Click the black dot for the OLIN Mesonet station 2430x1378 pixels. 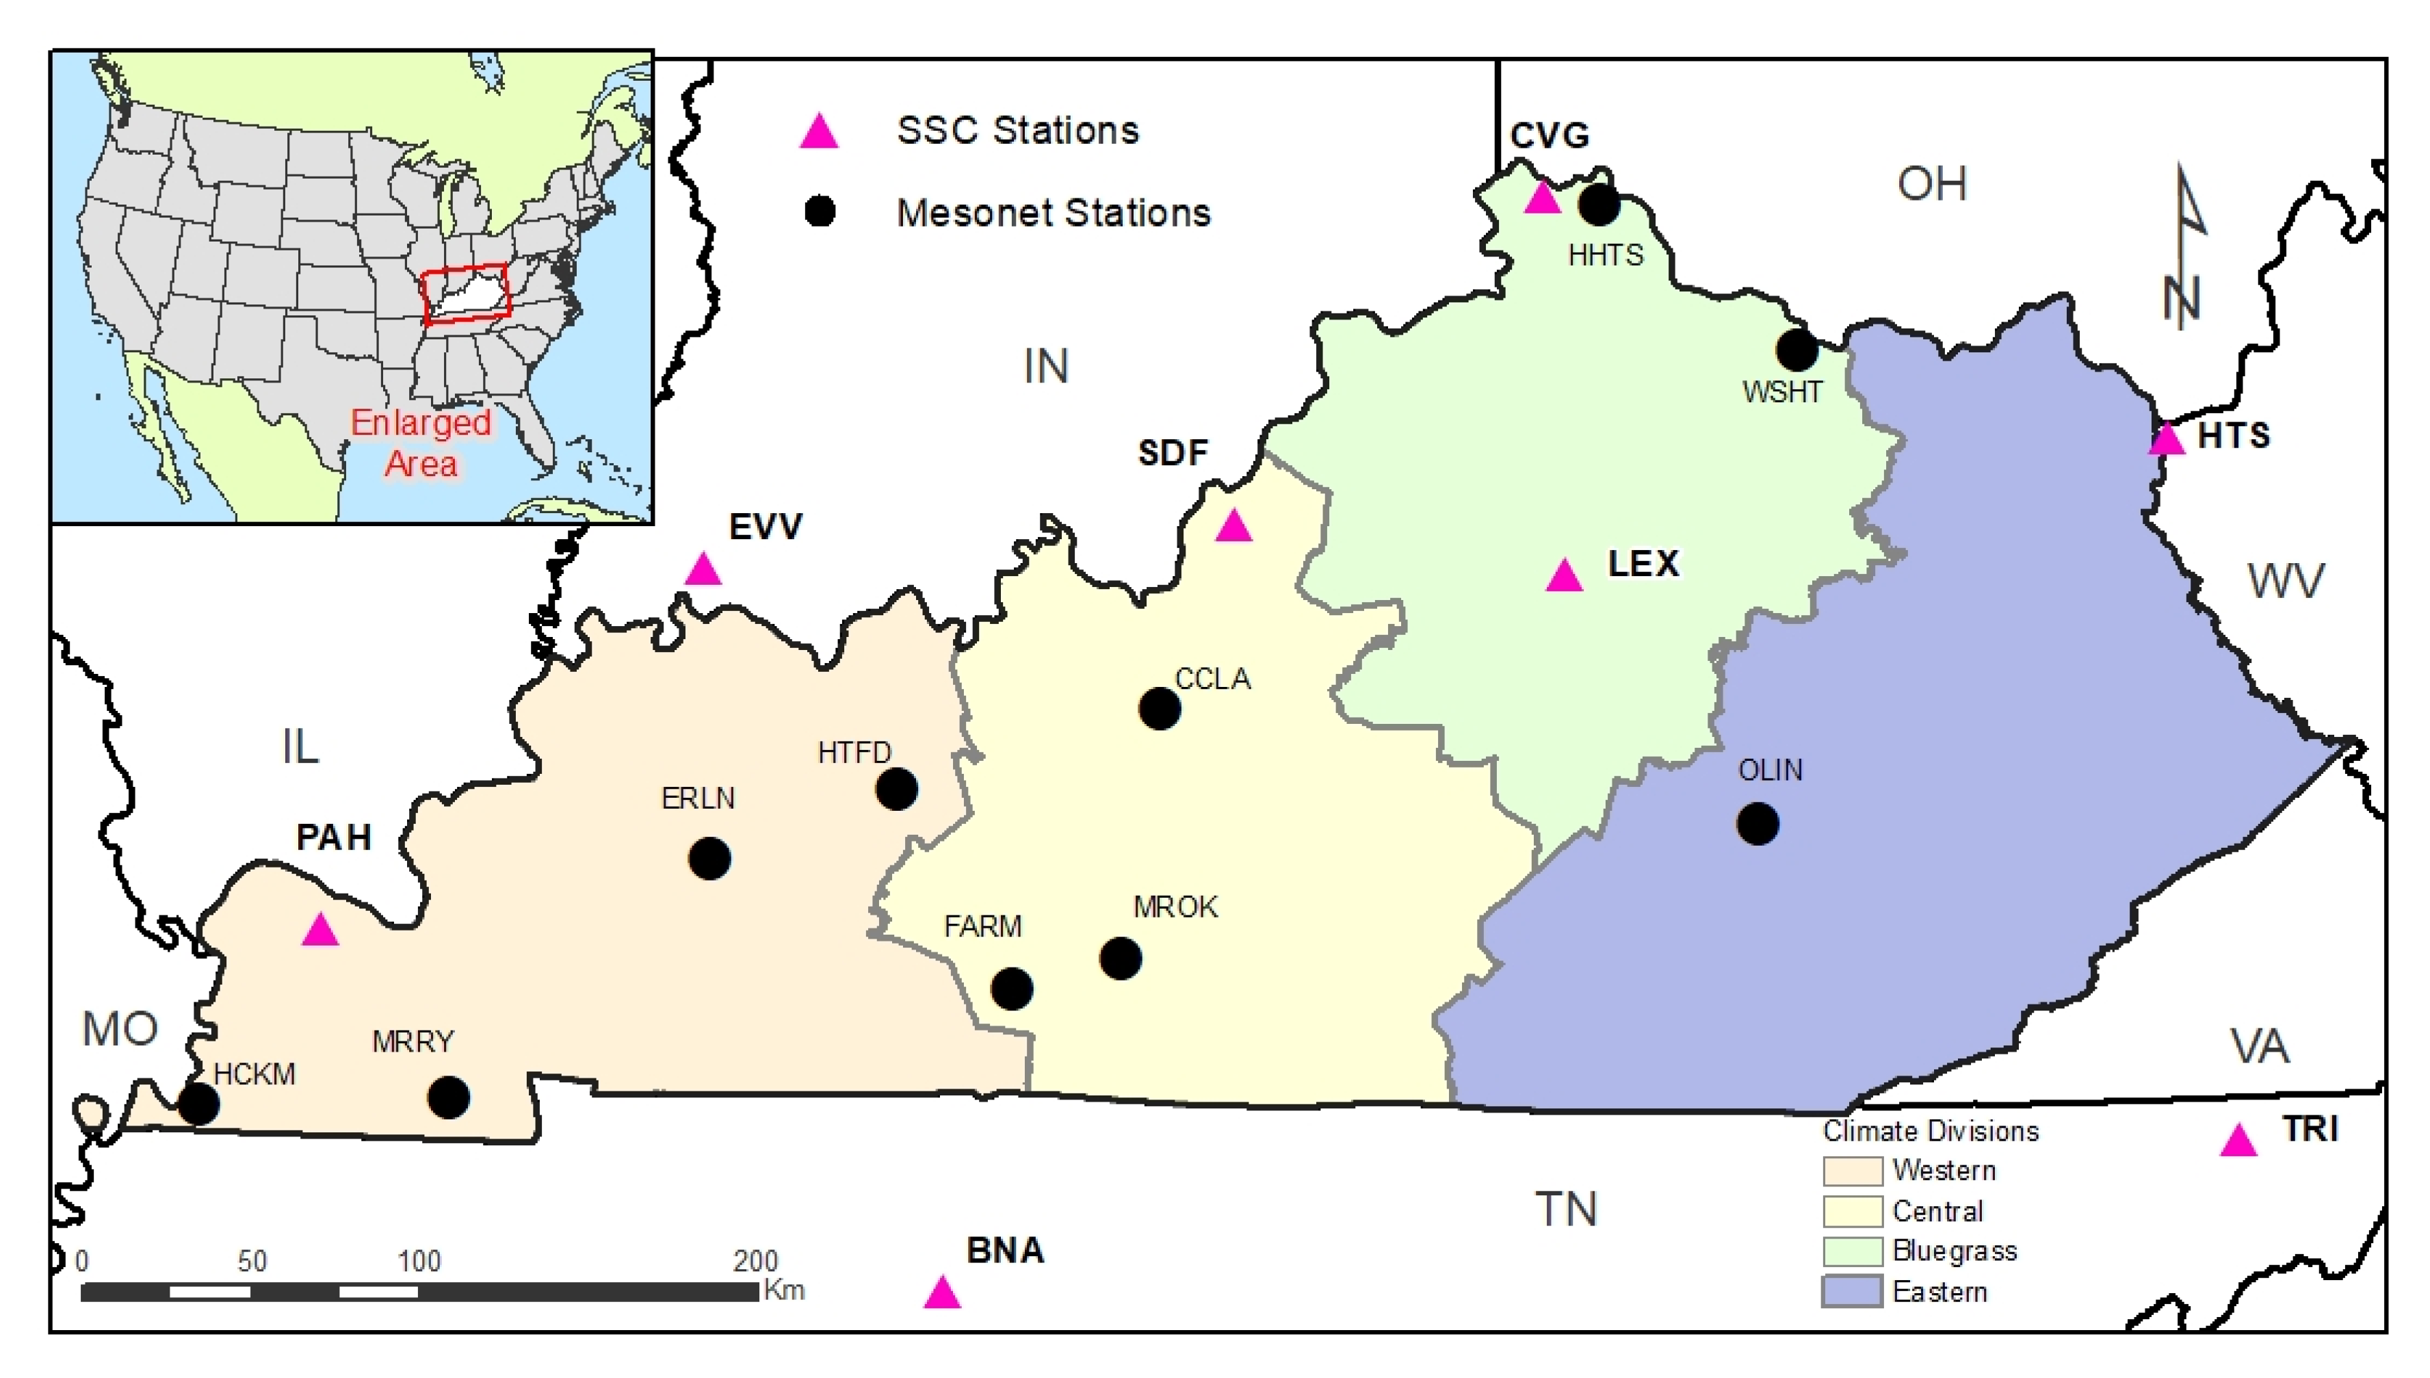(x=1758, y=823)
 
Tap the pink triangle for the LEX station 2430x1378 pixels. (x=1564, y=575)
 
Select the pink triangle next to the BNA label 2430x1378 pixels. (x=941, y=1293)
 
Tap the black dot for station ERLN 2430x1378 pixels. (x=709, y=859)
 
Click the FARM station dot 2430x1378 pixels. (x=1012, y=989)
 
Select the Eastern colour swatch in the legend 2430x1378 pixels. (x=1852, y=1292)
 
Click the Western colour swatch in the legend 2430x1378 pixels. (x=1852, y=1171)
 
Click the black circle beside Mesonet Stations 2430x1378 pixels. (x=820, y=211)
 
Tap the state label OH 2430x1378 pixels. (x=1931, y=183)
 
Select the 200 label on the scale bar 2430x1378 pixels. (x=755, y=1260)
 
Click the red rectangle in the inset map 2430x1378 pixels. (x=466, y=294)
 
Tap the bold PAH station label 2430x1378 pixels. (x=333, y=837)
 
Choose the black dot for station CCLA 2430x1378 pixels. (x=1159, y=708)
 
